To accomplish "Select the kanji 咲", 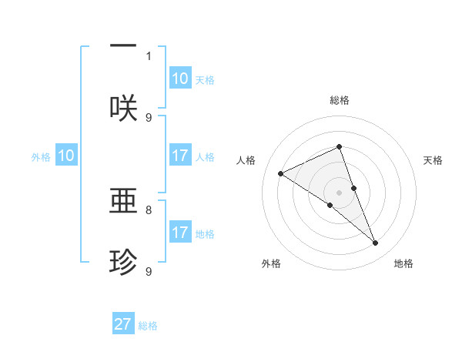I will [123, 108].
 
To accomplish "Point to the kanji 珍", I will [123, 263].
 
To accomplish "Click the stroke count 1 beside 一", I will [149, 55].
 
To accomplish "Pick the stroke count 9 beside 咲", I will [149, 117].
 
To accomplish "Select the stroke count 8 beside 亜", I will [149, 209].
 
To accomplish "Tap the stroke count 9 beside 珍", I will [149, 271].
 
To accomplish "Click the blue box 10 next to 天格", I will [180, 79].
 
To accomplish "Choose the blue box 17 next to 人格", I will [180, 156].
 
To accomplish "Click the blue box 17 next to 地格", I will [180, 233].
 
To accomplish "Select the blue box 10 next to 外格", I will [66, 156].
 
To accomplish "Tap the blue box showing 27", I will [123, 324].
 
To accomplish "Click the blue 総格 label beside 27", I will [148, 326].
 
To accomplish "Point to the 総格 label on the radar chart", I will [340, 100].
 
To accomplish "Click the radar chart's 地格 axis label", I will [403, 263].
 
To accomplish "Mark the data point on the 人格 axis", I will [281, 173].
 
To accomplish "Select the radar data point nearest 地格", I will [376, 243].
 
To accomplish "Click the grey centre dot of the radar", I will [339, 192].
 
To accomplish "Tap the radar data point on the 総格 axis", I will [339, 147].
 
